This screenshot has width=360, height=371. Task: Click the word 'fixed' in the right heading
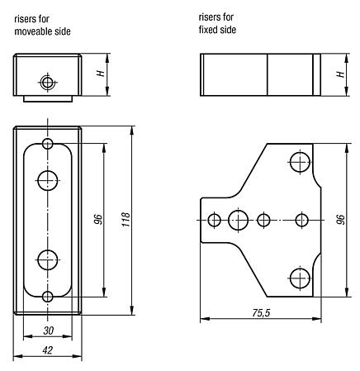[x=208, y=30]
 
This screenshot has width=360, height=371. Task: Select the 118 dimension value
[x=125, y=221]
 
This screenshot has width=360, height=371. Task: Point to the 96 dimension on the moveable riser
[x=97, y=221]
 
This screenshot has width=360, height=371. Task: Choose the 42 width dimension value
[x=48, y=350]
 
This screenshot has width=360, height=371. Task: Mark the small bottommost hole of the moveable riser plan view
[x=49, y=296]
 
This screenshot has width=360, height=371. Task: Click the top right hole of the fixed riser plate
[x=298, y=163]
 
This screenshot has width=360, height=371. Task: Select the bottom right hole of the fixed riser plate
[x=298, y=277]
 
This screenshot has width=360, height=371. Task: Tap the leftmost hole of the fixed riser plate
[x=216, y=220]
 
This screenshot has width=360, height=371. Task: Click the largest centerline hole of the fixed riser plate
[x=239, y=220]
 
